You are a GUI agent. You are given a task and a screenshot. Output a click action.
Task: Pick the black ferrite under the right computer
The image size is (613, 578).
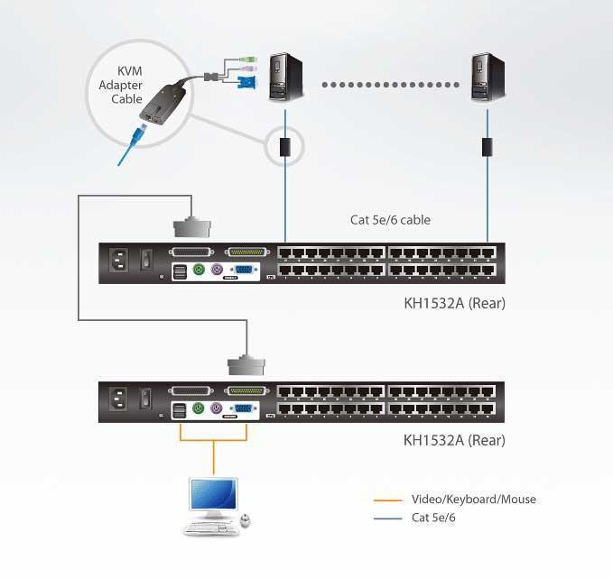[488, 145]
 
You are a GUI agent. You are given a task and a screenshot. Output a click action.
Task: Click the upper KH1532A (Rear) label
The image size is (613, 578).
[454, 303]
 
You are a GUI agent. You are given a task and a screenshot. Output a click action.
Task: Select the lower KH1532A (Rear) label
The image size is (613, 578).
[454, 441]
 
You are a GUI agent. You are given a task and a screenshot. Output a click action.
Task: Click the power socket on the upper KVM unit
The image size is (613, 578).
[118, 261]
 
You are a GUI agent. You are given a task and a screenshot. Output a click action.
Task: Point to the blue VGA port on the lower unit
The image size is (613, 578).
[242, 408]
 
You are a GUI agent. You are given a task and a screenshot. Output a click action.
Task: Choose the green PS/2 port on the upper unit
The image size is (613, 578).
[199, 269]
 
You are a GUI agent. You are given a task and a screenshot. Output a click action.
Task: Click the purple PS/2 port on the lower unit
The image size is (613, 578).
[217, 408]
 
